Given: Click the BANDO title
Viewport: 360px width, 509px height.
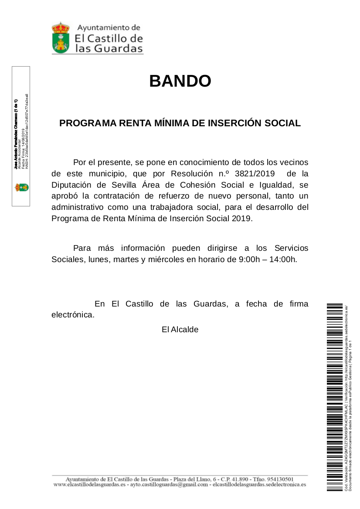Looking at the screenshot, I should [180, 81].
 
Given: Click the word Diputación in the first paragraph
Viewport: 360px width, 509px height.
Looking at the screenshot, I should [71, 185].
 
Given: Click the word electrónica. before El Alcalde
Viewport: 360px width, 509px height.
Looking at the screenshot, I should [73, 315].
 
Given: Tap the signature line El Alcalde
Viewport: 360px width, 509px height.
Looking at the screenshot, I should [180, 330].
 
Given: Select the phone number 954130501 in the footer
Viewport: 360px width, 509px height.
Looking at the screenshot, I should [278, 479].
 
